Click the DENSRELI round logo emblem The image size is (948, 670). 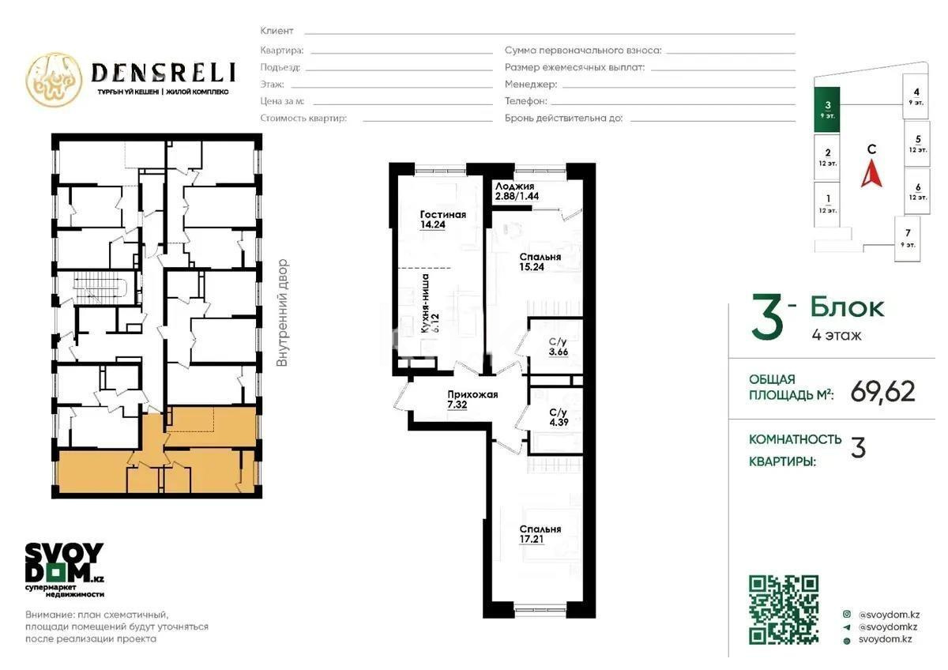[x=54, y=80]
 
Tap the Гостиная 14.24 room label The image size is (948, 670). [x=442, y=219]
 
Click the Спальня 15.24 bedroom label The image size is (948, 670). [x=540, y=262]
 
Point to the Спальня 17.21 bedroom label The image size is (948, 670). [x=540, y=535]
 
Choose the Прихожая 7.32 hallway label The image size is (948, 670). [x=472, y=401]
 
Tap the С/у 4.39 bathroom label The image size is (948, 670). [x=558, y=417]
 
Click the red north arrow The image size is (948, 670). [x=871, y=174]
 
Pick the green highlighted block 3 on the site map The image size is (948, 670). [x=827, y=109]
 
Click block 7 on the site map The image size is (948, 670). [x=908, y=237]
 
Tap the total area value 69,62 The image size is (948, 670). [x=882, y=390]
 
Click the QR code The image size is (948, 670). [x=784, y=609]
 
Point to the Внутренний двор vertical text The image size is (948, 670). [x=283, y=313]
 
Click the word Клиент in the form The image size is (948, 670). [x=276, y=31]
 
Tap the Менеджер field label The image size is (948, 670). [x=531, y=84]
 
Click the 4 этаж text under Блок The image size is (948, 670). [x=836, y=335]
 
